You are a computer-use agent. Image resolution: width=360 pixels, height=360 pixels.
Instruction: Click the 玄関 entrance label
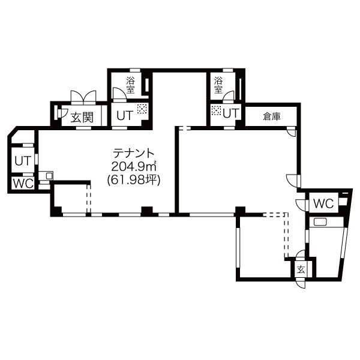[82, 118]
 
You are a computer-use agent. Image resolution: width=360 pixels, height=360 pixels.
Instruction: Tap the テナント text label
[133, 153]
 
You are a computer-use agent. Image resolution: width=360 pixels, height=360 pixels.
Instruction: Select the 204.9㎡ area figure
[134, 166]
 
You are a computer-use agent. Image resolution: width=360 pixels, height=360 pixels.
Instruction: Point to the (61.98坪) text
[133, 180]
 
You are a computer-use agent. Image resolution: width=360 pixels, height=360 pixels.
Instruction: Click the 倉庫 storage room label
[272, 117]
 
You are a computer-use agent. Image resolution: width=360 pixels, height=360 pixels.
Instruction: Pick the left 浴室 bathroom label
[130, 85]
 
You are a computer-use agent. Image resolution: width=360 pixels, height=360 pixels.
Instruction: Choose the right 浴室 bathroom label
[218, 85]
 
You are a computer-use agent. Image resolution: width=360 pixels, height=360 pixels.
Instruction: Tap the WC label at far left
[23, 184]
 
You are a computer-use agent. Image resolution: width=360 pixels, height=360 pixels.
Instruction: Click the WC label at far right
[323, 203]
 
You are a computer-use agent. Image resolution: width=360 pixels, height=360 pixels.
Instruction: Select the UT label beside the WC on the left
[23, 161]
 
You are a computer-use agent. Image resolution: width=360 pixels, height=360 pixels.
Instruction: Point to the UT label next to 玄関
[125, 115]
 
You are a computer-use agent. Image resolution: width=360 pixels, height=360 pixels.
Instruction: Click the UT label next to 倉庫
[231, 113]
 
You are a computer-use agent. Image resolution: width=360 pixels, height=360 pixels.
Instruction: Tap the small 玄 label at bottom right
[301, 270]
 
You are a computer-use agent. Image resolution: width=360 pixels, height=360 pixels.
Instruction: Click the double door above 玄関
[83, 97]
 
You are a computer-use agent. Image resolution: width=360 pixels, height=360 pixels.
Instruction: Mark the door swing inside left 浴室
[119, 94]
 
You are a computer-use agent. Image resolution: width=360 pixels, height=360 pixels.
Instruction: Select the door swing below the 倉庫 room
[291, 132]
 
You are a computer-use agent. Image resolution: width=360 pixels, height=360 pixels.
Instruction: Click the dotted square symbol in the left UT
[142, 109]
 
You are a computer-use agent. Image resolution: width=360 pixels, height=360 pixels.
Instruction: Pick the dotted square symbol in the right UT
[216, 110]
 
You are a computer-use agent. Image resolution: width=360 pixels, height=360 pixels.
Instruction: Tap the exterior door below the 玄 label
[301, 283]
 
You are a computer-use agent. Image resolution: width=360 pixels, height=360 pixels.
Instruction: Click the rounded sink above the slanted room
[319, 222]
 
